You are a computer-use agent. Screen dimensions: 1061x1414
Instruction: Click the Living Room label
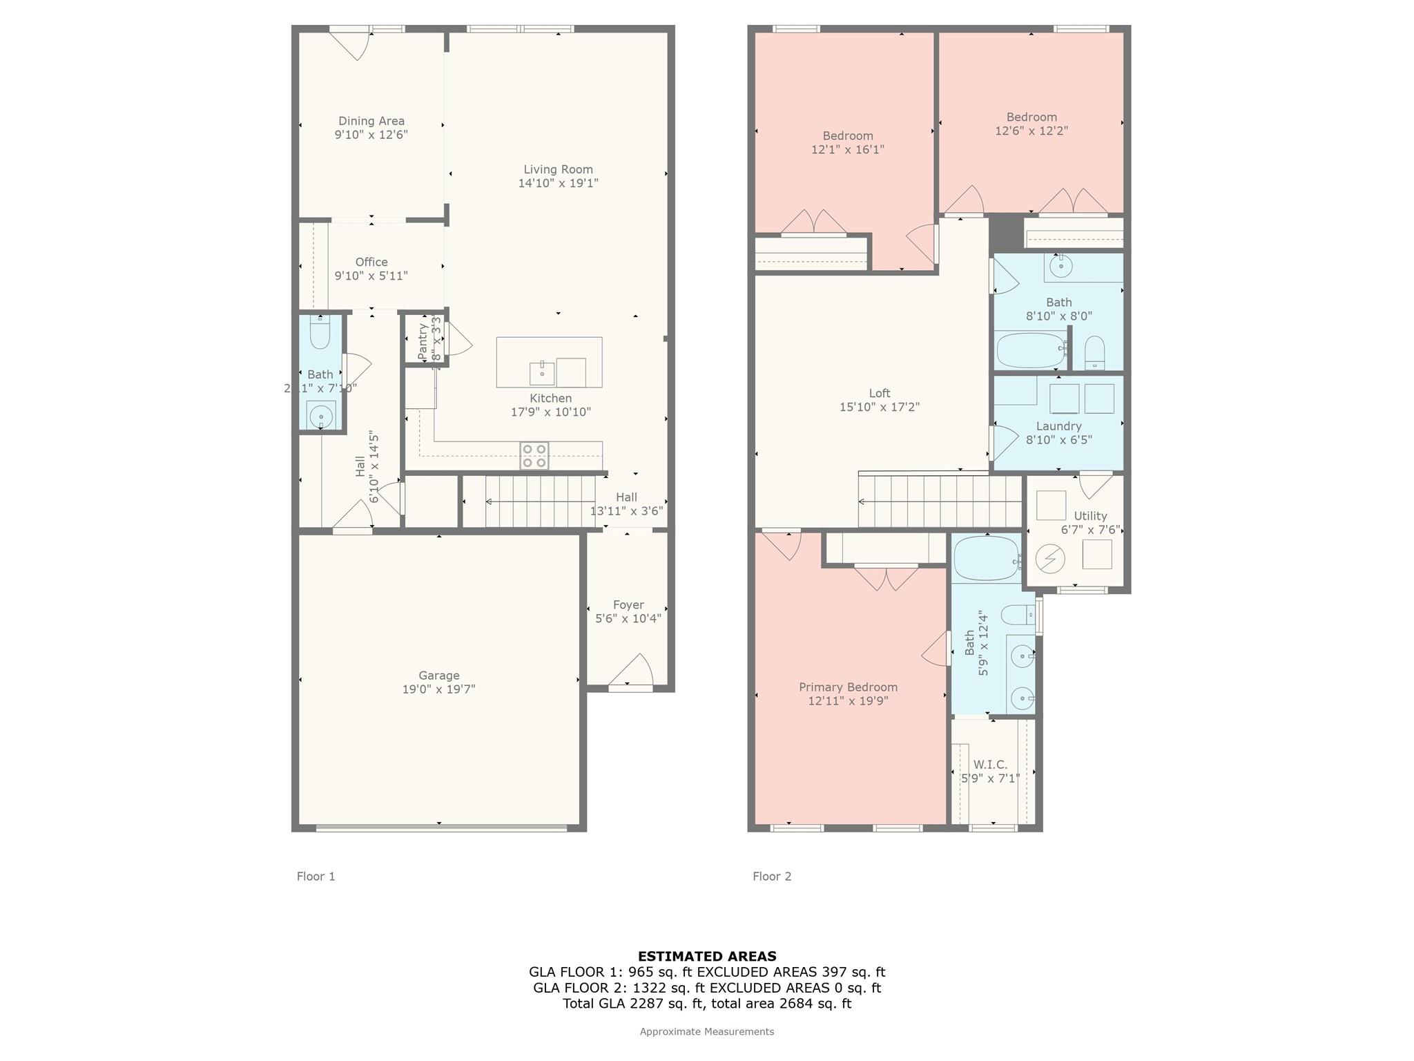tap(558, 169)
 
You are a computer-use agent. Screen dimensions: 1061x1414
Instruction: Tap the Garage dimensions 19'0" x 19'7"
tap(438, 689)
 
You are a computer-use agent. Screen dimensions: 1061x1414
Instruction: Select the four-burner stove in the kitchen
tap(534, 456)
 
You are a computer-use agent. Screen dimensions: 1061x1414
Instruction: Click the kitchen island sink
tap(542, 373)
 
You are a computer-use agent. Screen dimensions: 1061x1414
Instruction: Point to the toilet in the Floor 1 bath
tap(320, 333)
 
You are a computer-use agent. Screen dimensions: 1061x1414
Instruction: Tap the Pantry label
tap(423, 342)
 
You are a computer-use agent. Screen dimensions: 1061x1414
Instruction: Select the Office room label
tap(371, 262)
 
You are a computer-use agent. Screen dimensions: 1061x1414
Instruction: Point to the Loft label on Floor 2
tap(880, 393)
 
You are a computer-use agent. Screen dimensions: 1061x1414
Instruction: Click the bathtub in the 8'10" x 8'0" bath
tap(1031, 351)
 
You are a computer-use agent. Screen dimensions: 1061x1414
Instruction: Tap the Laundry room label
tap(1058, 426)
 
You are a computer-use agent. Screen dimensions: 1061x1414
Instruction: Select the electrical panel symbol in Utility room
tap(1049, 558)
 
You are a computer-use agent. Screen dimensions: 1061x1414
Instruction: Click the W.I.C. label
tap(990, 765)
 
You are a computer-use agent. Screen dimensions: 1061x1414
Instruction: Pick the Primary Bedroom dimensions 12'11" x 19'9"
tap(848, 701)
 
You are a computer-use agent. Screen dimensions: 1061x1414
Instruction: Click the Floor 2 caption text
tap(772, 877)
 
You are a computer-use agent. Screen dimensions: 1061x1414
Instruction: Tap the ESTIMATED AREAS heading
tap(707, 957)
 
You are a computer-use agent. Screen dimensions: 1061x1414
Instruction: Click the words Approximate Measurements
tap(707, 1031)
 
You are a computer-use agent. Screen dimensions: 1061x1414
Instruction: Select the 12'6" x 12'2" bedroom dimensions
tap(1032, 131)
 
